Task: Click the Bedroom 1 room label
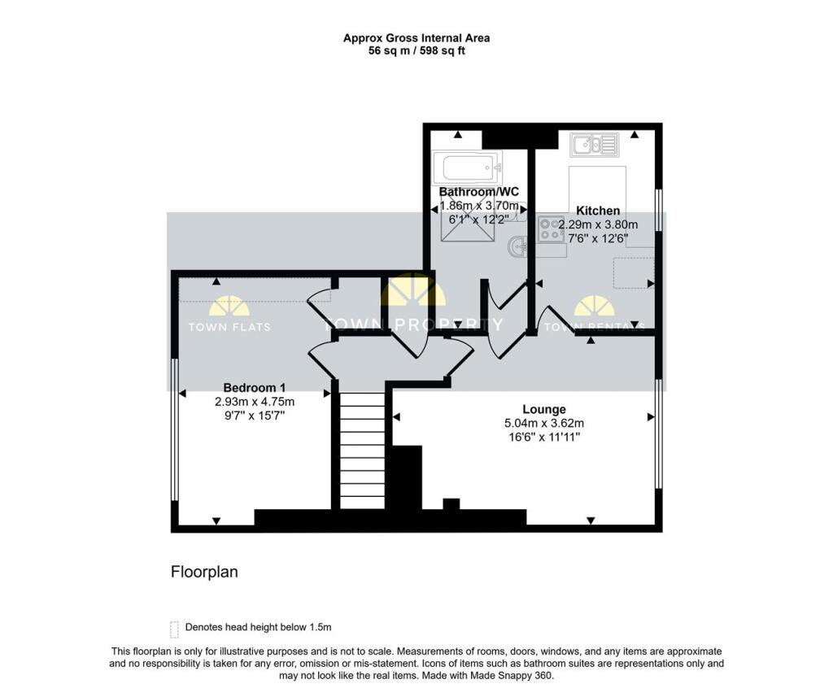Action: pyautogui.click(x=254, y=388)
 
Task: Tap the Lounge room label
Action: pyautogui.click(x=544, y=410)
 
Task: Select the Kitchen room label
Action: pyautogui.click(x=598, y=211)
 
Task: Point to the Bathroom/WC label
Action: pyautogui.click(x=478, y=192)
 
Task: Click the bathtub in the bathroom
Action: pyautogui.click(x=467, y=168)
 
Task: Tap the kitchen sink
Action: pyautogui.click(x=595, y=145)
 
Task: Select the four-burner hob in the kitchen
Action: pyautogui.click(x=551, y=229)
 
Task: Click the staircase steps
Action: pyautogui.click(x=362, y=451)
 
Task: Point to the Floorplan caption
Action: pyautogui.click(x=204, y=572)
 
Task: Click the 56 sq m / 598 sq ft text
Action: pyautogui.click(x=416, y=51)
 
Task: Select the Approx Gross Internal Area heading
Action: pyautogui.click(x=416, y=38)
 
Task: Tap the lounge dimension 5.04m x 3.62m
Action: pyautogui.click(x=544, y=424)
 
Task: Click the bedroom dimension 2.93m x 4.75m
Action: pyautogui.click(x=255, y=402)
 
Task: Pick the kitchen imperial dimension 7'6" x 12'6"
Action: pyautogui.click(x=598, y=238)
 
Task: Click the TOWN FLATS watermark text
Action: pyautogui.click(x=229, y=327)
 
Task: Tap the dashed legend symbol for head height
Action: pyautogui.click(x=174, y=629)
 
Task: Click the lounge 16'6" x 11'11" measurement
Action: pyautogui.click(x=544, y=438)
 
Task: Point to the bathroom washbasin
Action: pyautogui.click(x=517, y=246)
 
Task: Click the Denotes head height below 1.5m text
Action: pyautogui.click(x=258, y=627)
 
